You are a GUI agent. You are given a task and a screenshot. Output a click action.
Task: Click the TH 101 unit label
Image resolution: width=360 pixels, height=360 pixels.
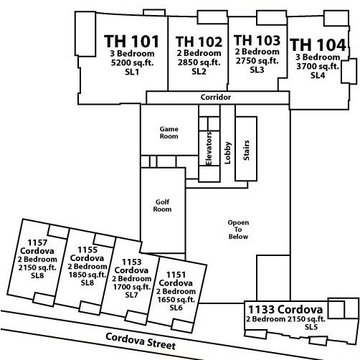tap(132, 42)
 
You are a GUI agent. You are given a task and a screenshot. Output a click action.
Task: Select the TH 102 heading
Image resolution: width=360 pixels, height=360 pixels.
tap(199, 42)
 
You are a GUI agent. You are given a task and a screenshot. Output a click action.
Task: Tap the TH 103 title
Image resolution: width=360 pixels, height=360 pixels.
tap(257, 40)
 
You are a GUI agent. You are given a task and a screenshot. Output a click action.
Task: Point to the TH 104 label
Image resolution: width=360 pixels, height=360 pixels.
tap(318, 44)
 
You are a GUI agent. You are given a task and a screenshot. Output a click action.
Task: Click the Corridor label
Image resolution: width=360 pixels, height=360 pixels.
tap(216, 98)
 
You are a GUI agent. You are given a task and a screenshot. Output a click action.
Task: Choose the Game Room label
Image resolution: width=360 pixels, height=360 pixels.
tap(169, 133)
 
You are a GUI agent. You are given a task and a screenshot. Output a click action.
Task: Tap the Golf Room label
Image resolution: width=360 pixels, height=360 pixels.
tap(162, 206)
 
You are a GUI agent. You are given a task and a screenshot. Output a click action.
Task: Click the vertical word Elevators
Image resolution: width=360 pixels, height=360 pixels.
tap(209, 148)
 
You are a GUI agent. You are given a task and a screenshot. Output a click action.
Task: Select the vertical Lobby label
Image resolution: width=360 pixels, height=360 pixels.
tap(227, 153)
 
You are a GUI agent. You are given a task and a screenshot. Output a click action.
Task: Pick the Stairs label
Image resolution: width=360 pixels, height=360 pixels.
tap(246, 151)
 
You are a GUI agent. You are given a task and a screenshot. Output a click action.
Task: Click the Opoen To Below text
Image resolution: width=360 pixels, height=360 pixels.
tap(238, 229)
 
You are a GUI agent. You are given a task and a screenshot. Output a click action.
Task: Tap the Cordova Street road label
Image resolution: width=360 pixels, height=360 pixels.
tap(141, 341)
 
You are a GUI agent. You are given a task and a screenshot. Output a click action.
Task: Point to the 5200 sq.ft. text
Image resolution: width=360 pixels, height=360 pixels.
tap(132, 62)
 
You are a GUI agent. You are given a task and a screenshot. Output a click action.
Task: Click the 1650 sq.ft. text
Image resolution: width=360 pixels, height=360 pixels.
tap(176, 300)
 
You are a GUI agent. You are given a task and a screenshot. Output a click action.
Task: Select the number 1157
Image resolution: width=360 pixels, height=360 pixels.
tap(37, 242)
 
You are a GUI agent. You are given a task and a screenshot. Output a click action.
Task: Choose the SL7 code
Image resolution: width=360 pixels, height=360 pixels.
tap(131, 295)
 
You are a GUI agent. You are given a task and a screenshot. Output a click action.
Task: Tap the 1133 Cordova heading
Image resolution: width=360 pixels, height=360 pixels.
tap(285, 310)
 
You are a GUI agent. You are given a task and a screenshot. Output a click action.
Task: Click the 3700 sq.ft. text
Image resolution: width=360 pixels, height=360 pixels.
tap(318, 66)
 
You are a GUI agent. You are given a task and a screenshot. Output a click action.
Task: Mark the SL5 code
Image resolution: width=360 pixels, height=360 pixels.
tap(311, 327)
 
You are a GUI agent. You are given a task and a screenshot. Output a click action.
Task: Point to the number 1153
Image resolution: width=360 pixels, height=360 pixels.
tap(132, 262)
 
